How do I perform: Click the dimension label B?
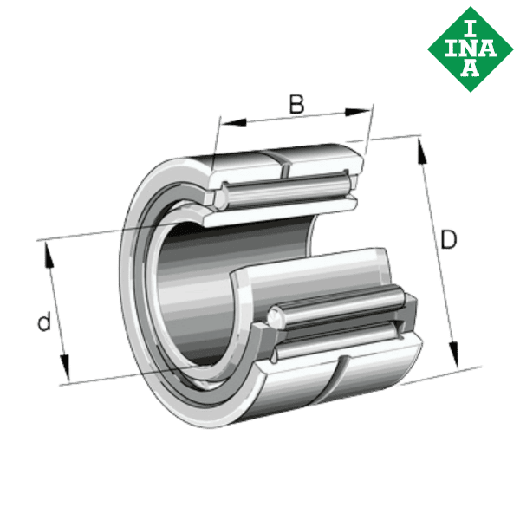(296, 105)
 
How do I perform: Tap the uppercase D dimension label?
(447, 240)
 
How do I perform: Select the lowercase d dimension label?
(42, 323)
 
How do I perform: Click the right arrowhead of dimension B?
(359, 111)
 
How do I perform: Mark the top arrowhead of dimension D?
(422, 152)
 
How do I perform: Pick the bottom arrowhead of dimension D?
(453, 354)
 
